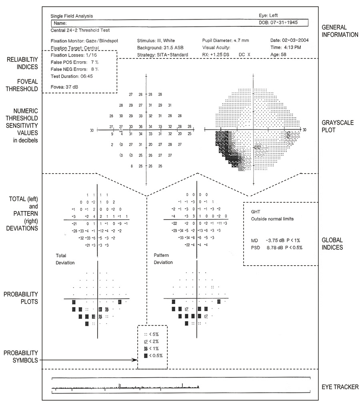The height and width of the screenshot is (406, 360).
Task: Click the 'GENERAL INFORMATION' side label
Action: [x=340, y=31]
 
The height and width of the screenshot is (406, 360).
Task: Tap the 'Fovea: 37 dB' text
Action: [x=63, y=86]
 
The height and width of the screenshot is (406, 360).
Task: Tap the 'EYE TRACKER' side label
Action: [x=340, y=387]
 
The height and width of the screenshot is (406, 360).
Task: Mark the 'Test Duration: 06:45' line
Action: [x=72, y=76]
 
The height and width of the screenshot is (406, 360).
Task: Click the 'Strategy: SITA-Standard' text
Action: [x=159, y=54]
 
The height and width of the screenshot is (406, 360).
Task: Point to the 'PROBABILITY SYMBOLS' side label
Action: [x=21, y=356]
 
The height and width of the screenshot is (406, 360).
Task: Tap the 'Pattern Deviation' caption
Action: [x=163, y=258]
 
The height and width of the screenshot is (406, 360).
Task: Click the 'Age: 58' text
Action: [x=279, y=54]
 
